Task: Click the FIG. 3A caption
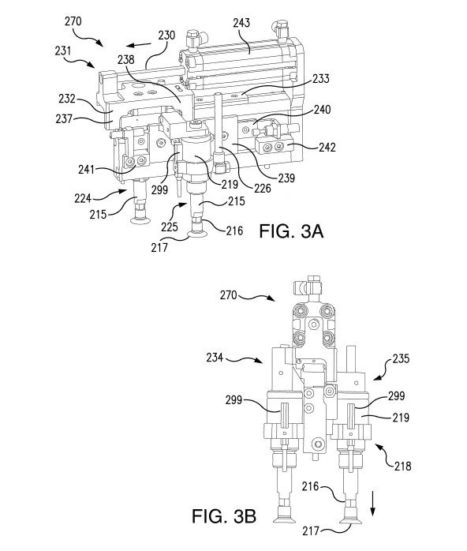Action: click(291, 231)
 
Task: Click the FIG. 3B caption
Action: click(224, 516)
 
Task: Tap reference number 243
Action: click(241, 23)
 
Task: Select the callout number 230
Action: click(166, 36)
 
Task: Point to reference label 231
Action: click(63, 51)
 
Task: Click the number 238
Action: click(125, 59)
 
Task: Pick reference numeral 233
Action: click(320, 78)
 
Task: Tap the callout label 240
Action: click(322, 109)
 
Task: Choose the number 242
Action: click(327, 147)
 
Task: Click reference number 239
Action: click(286, 178)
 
